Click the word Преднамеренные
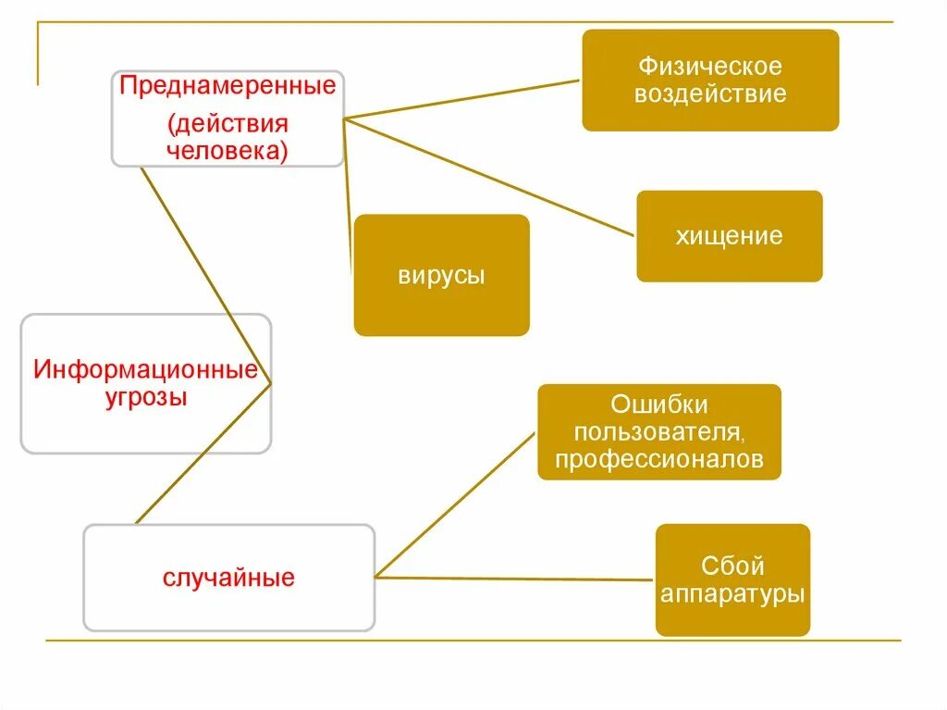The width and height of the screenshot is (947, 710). click(x=228, y=89)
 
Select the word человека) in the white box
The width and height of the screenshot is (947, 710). click(x=228, y=150)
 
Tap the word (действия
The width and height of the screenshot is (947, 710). click(x=228, y=123)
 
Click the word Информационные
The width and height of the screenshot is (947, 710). click(x=145, y=371)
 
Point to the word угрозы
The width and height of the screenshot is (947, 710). click(x=145, y=398)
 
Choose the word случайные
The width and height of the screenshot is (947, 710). click(x=229, y=579)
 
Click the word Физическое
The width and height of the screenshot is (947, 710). click(x=710, y=67)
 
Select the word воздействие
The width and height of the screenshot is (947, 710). click(x=710, y=94)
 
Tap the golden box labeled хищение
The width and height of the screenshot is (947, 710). click(x=729, y=236)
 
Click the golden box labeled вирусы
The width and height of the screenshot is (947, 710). click(x=441, y=275)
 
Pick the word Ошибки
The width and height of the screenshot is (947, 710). click(x=659, y=405)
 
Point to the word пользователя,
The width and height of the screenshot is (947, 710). click(x=659, y=432)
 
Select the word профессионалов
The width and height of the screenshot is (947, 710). click(x=659, y=460)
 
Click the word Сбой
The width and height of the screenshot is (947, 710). click(x=732, y=566)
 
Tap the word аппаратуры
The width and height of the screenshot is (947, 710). click(x=732, y=593)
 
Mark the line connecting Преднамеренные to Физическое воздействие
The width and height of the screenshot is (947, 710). click(x=462, y=99)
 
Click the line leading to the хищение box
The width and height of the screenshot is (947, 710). click(x=490, y=177)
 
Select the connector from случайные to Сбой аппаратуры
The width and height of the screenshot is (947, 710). click(x=514, y=579)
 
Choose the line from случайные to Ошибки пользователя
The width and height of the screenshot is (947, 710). click(x=455, y=505)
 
